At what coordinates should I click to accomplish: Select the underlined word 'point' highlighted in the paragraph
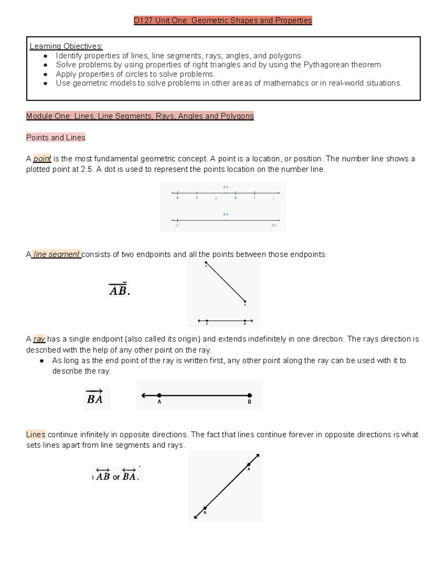42,159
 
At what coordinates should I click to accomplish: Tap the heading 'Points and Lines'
56,138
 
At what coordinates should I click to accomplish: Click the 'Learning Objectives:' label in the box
66,46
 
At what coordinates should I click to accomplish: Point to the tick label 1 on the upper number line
197,198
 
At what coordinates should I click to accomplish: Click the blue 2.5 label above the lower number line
226,214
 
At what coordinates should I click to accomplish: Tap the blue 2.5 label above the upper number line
226,187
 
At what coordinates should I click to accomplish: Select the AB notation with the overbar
118,290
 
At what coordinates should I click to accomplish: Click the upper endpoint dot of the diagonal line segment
206,263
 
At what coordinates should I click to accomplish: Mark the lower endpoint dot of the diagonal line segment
245,301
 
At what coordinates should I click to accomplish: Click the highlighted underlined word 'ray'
39,339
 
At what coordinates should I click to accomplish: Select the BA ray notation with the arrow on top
95,397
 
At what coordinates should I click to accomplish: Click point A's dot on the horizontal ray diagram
159,395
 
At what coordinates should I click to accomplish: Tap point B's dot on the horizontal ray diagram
249,395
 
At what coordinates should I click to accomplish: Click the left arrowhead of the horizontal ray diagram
143,395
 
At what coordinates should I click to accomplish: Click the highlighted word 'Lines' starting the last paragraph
36,434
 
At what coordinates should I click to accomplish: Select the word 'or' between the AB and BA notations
116,477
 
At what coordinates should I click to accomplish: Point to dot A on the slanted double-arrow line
249,464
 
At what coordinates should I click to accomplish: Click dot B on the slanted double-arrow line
205,508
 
